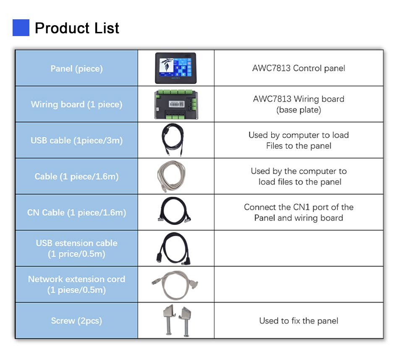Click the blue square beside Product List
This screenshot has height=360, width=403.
[21, 28]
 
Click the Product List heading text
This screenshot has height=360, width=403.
[77, 28]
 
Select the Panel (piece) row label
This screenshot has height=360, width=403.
[76, 69]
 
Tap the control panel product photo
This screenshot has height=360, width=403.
[175, 68]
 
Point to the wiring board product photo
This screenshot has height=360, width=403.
[176, 104]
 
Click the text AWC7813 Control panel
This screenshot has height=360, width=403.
[298, 68]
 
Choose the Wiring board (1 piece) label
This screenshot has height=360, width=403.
[76, 104]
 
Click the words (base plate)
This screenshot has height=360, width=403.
[298, 110]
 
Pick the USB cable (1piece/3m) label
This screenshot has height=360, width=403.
[76, 141]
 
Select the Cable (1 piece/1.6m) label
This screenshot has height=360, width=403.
[76, 177]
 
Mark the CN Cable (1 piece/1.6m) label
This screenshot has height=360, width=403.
[76, 212]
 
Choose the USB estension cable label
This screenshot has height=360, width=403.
[76, 243]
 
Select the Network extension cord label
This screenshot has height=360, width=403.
[76, 279]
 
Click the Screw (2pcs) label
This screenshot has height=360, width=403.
[76, 321]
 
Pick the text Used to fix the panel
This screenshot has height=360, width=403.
[298, 321]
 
